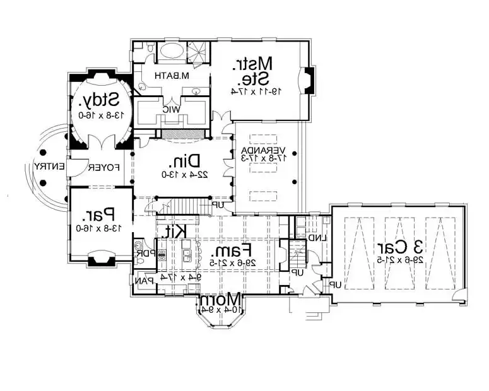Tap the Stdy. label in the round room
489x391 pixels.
[x=100, y=100]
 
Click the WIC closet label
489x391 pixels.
[x=171, y=109]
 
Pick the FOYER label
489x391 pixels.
[x=101, y=168]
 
